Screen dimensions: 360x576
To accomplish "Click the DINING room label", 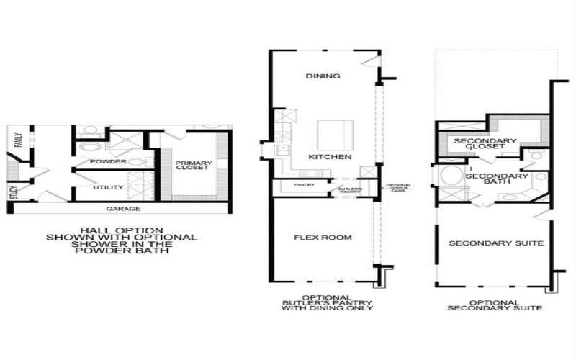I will [323, 76].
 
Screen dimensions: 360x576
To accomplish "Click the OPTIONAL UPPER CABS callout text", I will [398, 189].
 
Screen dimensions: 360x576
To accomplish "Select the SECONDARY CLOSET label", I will [486, 145].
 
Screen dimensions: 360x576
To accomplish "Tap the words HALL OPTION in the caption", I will [121, 228].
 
